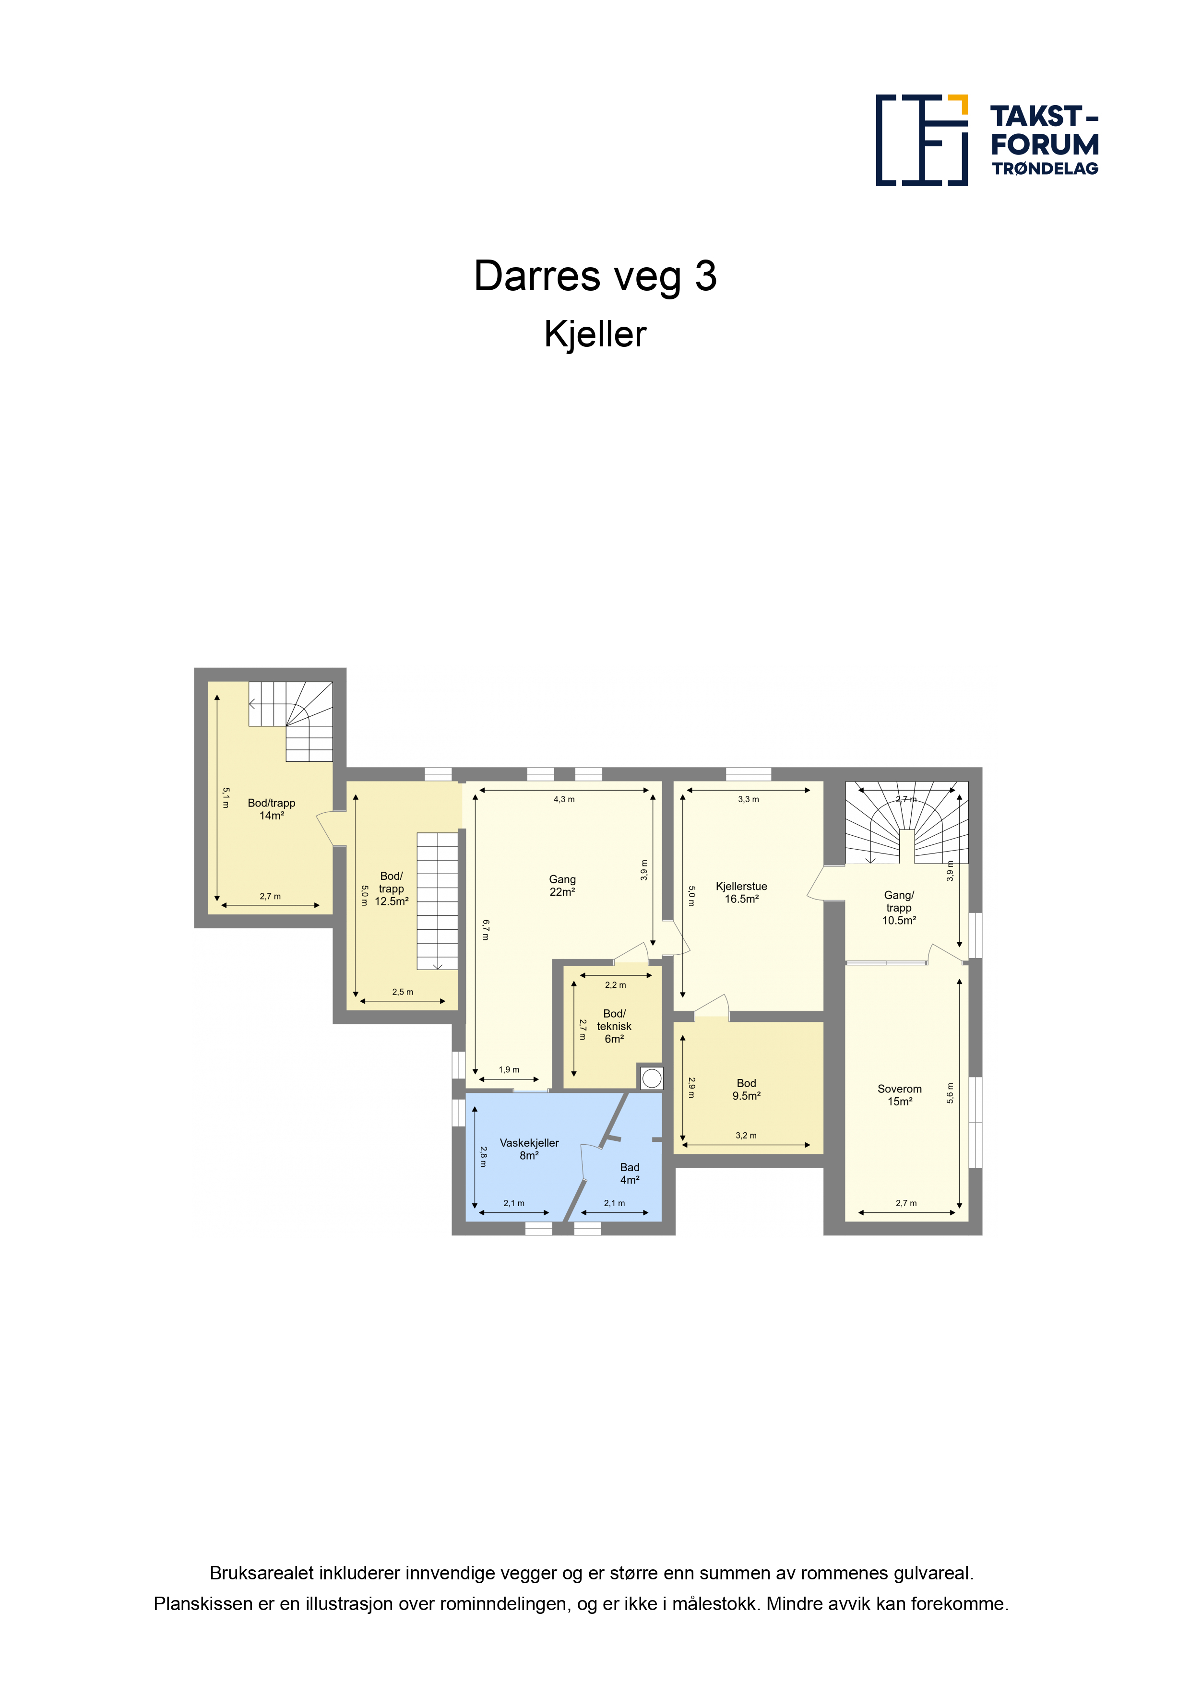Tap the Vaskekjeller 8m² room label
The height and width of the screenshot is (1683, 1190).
pyautogui.click(x=529, y=1149)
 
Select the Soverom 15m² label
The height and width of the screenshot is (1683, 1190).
pyautogui.click(x=900, y=1095)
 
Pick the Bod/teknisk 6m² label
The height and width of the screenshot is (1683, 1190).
pyautogui.click(x=614, y=1026)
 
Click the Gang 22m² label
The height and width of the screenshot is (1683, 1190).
pyautogui.click(x=562, y=886)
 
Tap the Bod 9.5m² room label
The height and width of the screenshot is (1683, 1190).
pyautogui.click(x=747, y=1089)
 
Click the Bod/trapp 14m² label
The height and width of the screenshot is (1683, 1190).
pyautogui.click(x=271, y=809)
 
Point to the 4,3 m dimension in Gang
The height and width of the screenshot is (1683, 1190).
pyautogui.click(x=564, y=799)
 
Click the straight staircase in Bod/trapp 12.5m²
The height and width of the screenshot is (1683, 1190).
pyautogui.click(x=438, y=901)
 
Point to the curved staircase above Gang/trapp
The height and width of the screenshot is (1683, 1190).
pyautogui.click(x=907, y=822)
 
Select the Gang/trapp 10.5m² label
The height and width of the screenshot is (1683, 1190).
pyautogui.click(x=899, y=908)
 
